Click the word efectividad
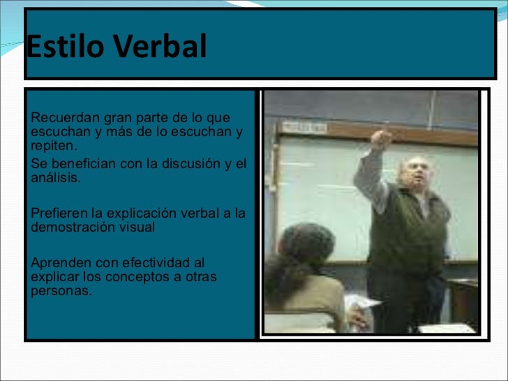(x=156, y=263)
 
